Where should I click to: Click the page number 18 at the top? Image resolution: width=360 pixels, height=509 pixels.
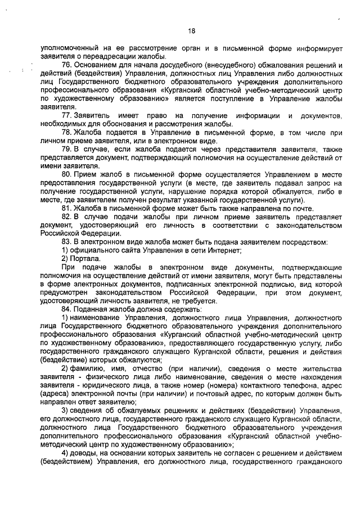(191, 30)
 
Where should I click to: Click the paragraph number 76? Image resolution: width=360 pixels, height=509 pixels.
(66, 65)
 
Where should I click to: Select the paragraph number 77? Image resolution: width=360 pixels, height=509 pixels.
(66, 116)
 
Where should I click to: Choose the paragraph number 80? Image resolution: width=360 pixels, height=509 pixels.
(66, 174)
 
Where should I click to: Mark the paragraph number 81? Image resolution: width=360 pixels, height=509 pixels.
(66, 208)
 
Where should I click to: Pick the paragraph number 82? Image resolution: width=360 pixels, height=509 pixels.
(66, 217)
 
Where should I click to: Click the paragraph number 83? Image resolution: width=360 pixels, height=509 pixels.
(66, 242)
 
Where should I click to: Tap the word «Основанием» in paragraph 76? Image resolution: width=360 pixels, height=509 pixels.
(94, 65)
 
